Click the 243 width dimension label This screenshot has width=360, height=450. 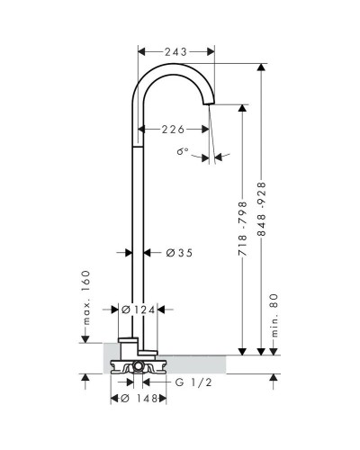coord(175,52)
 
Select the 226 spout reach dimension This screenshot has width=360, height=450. coord(173,130)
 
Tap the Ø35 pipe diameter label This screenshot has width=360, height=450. coord(179,253)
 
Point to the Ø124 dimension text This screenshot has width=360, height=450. coord(139,310)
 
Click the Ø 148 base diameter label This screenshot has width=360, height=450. coord(139,399)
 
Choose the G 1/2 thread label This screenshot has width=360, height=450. coord(193,382)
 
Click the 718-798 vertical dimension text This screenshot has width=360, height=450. coord(243,229)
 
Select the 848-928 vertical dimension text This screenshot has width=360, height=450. coord(262,209)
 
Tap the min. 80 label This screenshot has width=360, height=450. coord(274,315)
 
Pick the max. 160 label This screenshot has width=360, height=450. coord(86,298)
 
